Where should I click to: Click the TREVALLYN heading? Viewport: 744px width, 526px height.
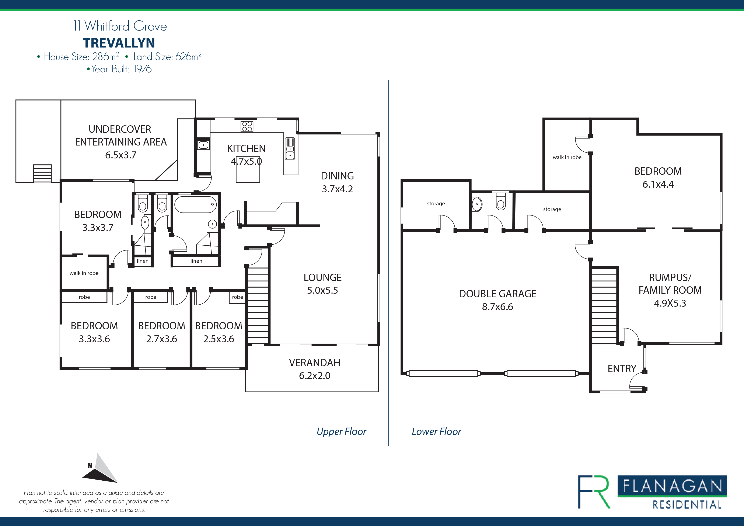pos(119,43)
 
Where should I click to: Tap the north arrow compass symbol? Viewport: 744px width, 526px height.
pos(100,469)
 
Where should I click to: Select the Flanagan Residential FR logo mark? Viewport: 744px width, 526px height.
pos(594,491)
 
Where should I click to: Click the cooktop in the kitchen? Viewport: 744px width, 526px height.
pos(247,126)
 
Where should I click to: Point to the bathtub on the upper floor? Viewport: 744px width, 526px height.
pos(195,204)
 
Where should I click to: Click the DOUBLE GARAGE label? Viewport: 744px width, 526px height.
pos(498,294)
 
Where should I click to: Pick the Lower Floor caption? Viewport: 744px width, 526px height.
pos(436,431)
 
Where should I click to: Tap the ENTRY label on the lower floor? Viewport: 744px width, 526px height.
pos(622,369)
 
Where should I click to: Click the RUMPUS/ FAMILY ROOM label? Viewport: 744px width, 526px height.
pos(670,284)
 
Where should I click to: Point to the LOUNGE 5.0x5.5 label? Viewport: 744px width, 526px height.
pos(322,284)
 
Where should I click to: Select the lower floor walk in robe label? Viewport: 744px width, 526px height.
pos(567,157)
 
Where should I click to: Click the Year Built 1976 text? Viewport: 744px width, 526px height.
pos(119,69)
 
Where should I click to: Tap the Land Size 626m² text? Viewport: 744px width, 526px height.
pos(167,57)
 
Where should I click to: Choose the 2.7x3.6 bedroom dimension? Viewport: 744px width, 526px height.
pos(161,339)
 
